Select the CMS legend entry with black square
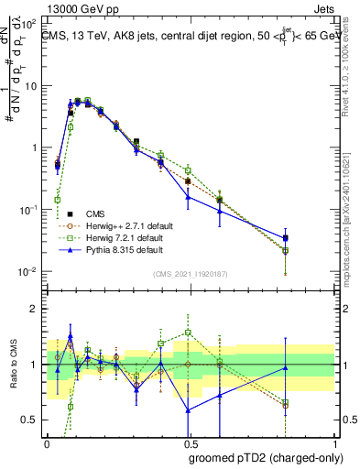point(107,213)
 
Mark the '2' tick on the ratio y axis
point(35,309)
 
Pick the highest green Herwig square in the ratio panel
point(188,333)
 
